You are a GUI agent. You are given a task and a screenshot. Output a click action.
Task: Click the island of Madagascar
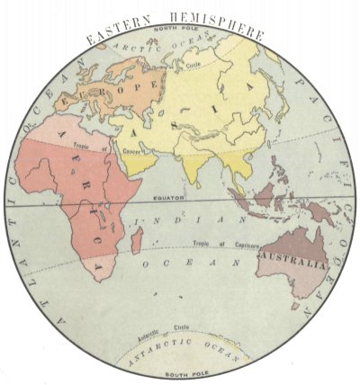point(134,238)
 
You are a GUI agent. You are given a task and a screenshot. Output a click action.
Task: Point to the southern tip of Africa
point(90,273)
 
